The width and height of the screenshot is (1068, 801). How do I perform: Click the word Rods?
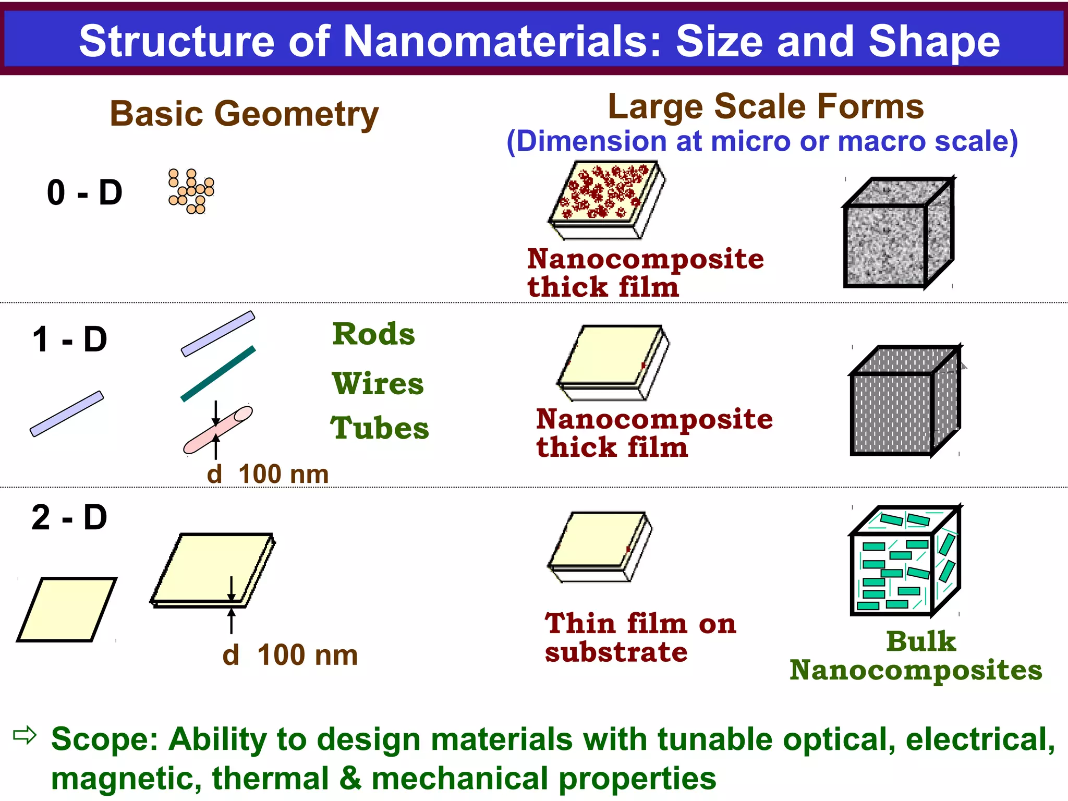[374, 334]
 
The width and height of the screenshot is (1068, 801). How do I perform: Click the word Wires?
[378, 384]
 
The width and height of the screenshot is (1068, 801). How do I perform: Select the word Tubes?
[380, 429]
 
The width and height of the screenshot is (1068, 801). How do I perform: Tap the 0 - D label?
[84, 192]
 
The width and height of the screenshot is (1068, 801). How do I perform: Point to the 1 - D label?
[70, 339]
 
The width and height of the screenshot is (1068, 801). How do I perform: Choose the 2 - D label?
[69, 518]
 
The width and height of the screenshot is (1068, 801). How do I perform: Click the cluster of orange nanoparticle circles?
[191, 191]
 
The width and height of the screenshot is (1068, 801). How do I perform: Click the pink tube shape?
[218, 430]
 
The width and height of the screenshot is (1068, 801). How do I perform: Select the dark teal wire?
[218, 373]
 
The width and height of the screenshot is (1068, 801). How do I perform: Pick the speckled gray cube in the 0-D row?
[898, 233]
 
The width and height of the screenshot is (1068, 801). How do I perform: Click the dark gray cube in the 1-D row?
[905, 400]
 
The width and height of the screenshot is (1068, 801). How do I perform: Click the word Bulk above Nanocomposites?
[921, 641]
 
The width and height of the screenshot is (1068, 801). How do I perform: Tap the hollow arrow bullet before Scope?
[25, 735]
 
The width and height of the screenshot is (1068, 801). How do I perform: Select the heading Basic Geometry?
[244, 114]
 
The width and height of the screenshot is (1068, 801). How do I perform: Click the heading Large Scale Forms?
[766, 107]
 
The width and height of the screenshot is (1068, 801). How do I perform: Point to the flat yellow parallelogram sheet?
[67, 609]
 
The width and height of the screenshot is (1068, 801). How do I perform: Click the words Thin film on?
[640, 624]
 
